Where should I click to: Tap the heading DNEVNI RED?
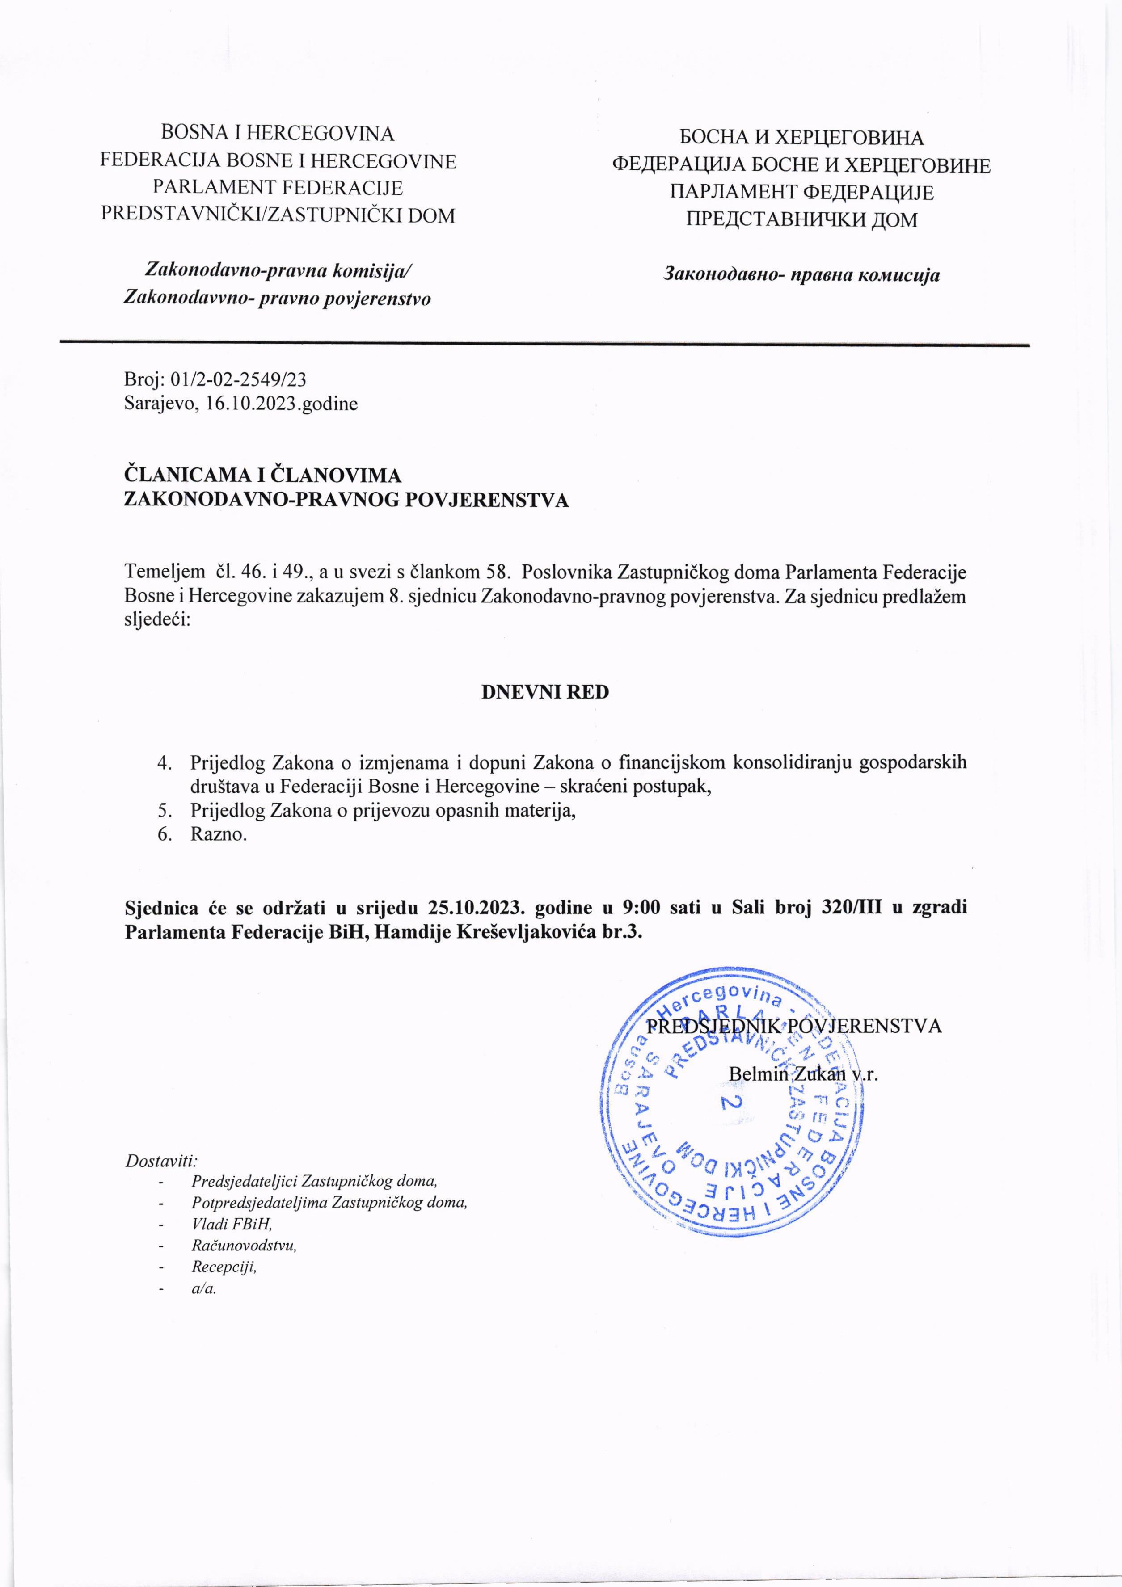545,692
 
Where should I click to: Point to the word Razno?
219,834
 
